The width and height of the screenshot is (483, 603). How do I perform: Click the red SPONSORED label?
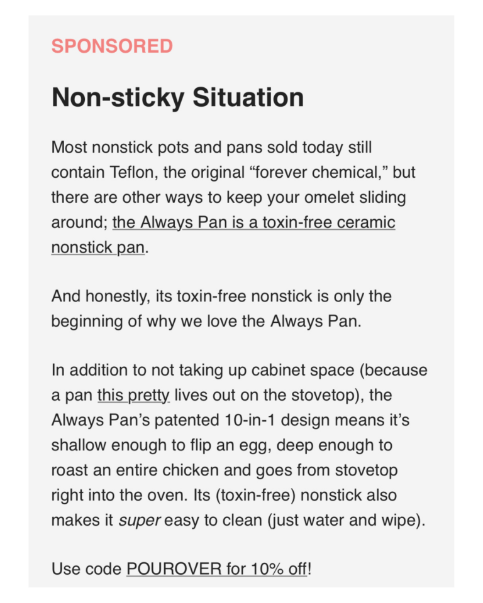112,46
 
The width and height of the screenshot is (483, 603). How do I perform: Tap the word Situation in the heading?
248,97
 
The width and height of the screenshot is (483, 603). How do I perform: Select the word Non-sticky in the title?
118,97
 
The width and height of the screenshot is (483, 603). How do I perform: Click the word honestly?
110,296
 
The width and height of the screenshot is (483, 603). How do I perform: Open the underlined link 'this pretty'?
133,396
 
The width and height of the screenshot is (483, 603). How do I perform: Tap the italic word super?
131,520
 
